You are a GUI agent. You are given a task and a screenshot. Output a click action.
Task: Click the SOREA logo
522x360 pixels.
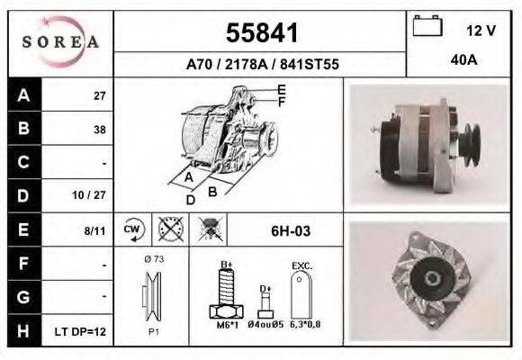pyautogui.click(x=60, y=42)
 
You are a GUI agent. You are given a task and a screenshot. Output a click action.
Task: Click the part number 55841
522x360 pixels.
pyautogui.click(x=260, y=33)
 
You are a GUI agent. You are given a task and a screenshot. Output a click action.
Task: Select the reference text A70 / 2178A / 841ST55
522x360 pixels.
pyautogui.click(x=260, y=65)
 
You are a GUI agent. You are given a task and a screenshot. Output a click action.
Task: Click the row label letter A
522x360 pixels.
pyautogui.click(x=23, y=95)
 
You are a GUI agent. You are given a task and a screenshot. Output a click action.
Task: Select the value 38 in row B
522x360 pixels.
pyautogui.click(x=99, y=130)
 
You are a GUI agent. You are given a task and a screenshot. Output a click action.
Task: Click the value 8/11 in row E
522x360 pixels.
pyautogui.click(x=94, y=230)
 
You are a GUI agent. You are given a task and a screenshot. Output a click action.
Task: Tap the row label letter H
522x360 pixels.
pyautogui.click(x=23, y=331)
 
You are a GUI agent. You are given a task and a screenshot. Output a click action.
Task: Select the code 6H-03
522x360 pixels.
pyautogui.click(x=290, y=231)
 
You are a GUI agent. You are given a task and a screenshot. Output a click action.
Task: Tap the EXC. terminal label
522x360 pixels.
pyautogui.click(x=301, y=266)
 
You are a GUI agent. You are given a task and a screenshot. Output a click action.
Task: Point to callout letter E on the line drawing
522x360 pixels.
pyautogui.click(x=282, y=89)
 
